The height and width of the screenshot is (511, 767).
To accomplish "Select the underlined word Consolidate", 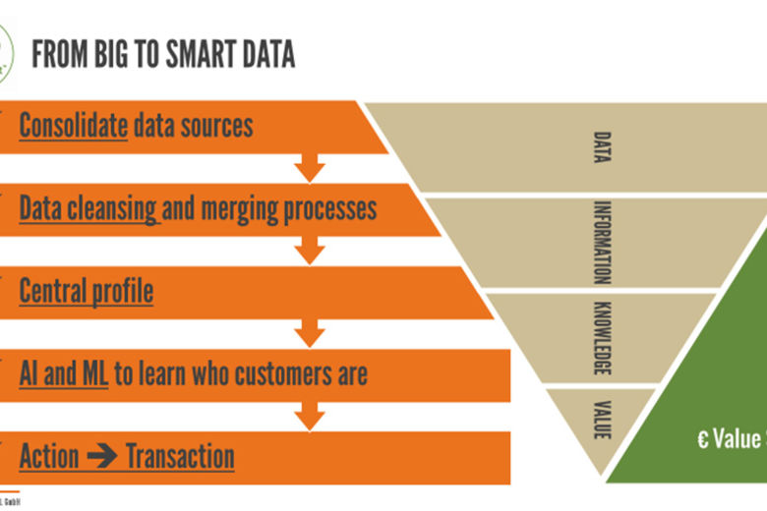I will pyautogui.click(x=74, y=126).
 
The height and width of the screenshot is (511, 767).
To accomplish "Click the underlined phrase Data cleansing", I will pyautogui.click(x=88, y=208).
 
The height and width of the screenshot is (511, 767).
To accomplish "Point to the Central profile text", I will pyautogui.click(x=87, y=291).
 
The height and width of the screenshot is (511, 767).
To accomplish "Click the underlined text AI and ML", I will pyautogui.click(x=63, y=373).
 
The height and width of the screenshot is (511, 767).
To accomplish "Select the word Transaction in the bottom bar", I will pyautogui.click(x=180, y=457).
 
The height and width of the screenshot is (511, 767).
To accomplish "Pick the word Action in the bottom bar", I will pyautogui.click(x=49, y=457).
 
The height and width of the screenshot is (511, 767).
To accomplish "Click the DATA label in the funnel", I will pyautogui.click(x=603, y=147).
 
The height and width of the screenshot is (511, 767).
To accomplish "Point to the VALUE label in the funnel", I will pyautogui.click(x=603, y=419).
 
